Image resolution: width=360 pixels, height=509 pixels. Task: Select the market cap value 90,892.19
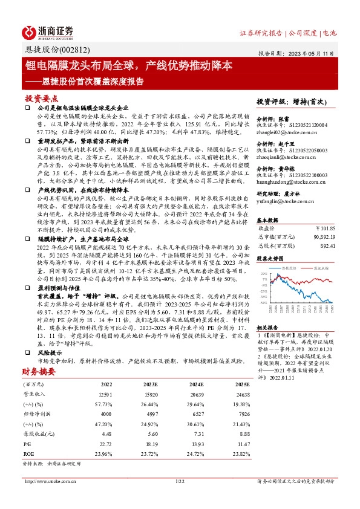[321, 238]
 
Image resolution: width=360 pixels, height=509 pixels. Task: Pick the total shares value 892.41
[326, 246]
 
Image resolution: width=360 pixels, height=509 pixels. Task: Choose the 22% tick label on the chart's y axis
[264, 273]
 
